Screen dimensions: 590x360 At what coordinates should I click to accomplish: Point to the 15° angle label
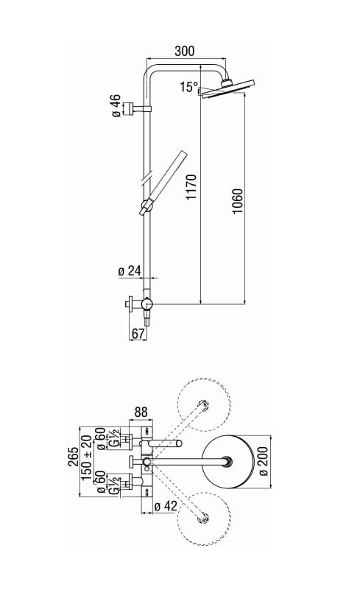click(188, 88)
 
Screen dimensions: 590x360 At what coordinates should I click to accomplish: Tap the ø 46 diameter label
click(116, 106)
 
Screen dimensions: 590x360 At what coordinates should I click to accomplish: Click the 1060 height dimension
click(236, 201)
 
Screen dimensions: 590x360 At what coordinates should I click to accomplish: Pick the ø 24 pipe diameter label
click(129, 271)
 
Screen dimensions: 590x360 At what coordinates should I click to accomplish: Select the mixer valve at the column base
click(147, 303)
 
